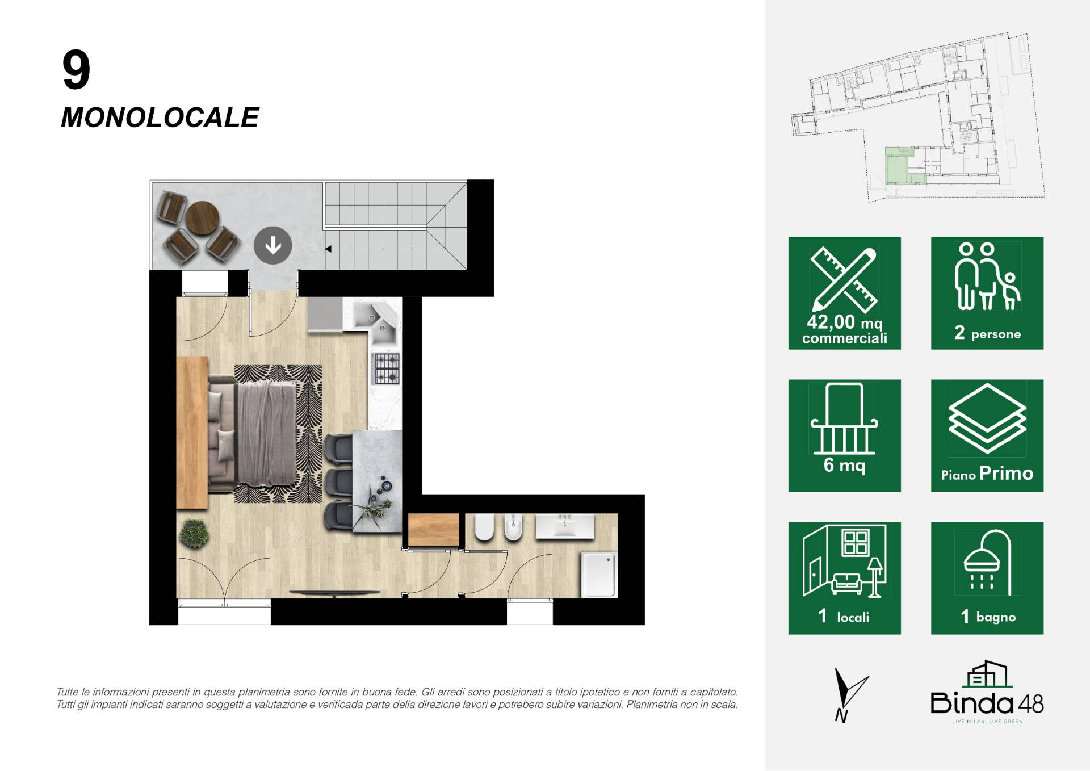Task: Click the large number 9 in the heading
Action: pyautogui.click(x=76, y=70)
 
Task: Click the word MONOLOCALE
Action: pyautogui.click(x=160, y=118)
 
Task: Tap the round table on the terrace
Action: pyautogui.click(x=203, y=218)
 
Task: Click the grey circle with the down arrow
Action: pyautogui.click(x=272, y=245)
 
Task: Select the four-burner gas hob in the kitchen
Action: pyautogui.click(x=386, y=368)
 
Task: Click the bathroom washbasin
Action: pyautogui.click(x=565, y=526)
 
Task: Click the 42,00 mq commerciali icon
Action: pyautogui.click(x=844, y=293)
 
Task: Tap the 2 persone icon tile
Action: pyautogui.click(x=987, y=293)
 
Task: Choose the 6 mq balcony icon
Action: pyautogui.click(x=844, y=435)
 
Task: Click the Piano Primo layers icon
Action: pyautogui.click(x=987, y=435)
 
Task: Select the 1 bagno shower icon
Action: pyautogui.click(x=987, y=578)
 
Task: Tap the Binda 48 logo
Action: pyautogui.click(x=987, y=693)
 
